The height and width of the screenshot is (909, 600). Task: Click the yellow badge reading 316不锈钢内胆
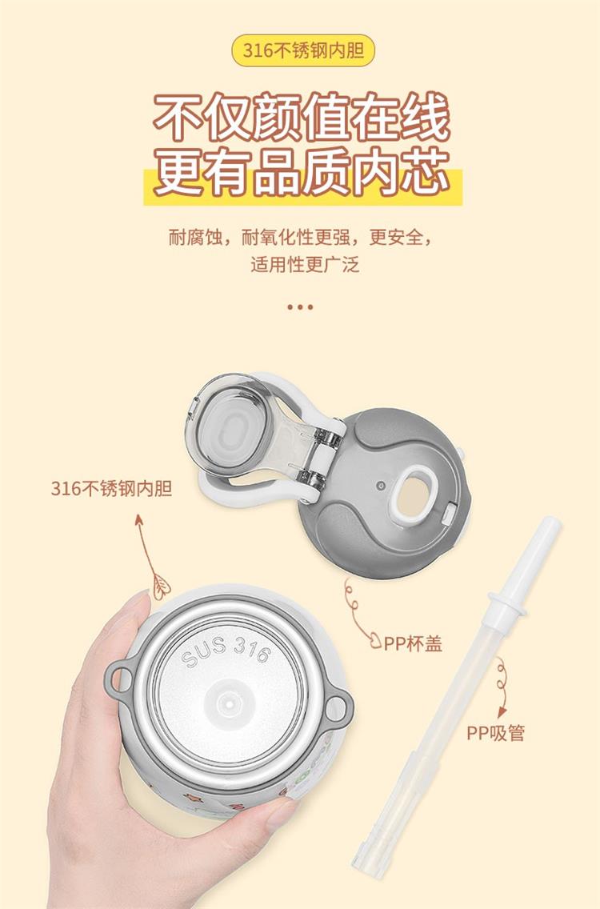point(302,50)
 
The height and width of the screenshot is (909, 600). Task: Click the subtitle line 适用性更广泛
point(305,264)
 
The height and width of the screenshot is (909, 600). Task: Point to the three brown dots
point(300,306)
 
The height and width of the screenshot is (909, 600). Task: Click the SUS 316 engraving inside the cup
point(226,651)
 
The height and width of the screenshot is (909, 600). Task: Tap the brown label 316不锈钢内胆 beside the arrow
point(111,488)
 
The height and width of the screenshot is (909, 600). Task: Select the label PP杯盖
point(414,643)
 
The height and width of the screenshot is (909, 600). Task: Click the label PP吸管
point(496,733)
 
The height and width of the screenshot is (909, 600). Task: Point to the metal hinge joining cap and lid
point(320,458)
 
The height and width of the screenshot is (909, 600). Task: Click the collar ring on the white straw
point(507,604)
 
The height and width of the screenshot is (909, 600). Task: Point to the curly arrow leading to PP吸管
point(502,687)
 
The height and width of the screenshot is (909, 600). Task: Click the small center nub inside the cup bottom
point(229,703)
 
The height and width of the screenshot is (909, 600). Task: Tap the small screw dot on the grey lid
point(380,485)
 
